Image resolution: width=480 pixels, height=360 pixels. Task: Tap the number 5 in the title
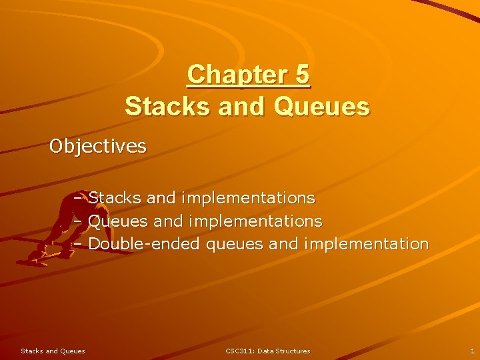pyautogui.click(x=301, y=75)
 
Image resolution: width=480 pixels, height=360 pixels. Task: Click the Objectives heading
pyautogui.click(x=98, y=146)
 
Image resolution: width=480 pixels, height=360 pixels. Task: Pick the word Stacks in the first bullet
pyautogui.click(x=114, y=198)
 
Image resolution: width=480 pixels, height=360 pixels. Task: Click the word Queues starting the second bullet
pyautogui.click(x=118, y=221)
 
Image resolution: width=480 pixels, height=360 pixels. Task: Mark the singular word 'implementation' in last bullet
pyautogui.click(x=365, y=244)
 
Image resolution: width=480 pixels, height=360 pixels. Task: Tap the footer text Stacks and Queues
pyautogui.click(x=53, y=351)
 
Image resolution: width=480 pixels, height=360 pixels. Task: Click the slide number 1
pyautogui.click(x=472, y=351)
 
